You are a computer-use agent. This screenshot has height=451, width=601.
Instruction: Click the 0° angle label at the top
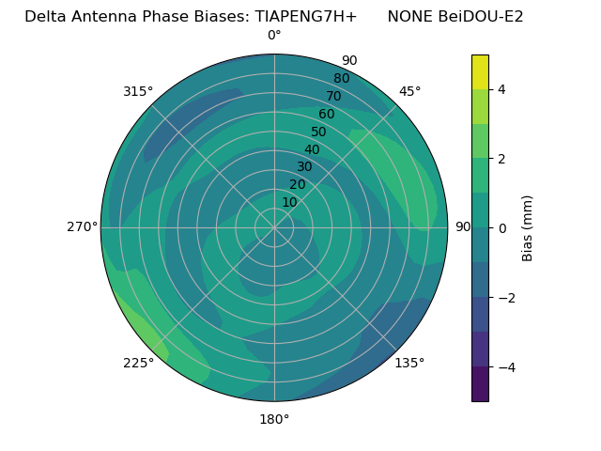click(x=274, y=36)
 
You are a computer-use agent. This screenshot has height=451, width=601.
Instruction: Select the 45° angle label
click(x=409, y=91)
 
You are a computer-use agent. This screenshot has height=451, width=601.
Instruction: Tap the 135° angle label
click(x=409, y=363)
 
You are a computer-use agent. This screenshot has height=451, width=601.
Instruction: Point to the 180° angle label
click(x=274, y=419)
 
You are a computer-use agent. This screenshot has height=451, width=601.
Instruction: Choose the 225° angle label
click(x=138, y=363)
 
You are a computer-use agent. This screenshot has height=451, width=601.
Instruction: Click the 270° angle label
click(x=82, y=227)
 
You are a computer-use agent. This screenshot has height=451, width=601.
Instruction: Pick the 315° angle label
click(x=138, y=91)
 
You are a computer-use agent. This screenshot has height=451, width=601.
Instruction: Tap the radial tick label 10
click(x=289, y=202)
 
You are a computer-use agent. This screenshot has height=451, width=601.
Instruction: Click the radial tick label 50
click(x=318, y=132)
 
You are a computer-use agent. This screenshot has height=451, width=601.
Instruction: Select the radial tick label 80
click(x=341, y=79)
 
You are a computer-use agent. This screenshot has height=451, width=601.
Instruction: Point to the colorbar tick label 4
click(x=502, y=89)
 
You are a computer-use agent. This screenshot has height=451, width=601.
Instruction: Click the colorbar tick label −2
click(x=506, y=298)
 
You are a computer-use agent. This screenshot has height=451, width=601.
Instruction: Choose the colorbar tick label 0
click(x=502, y=228)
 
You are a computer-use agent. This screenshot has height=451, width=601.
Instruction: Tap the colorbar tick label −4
click(x=506, y=367)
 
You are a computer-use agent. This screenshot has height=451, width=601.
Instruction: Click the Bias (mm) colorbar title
click(x=528, y=228)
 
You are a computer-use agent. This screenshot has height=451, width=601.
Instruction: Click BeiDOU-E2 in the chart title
click(x=476, y=16)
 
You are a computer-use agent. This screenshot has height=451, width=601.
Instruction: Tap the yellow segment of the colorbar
click(x=480, y=71)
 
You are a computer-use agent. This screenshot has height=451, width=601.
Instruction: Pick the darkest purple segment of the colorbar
click(x=480, y=384)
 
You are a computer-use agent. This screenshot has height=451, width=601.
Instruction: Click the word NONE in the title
click(x=408, y=16)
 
